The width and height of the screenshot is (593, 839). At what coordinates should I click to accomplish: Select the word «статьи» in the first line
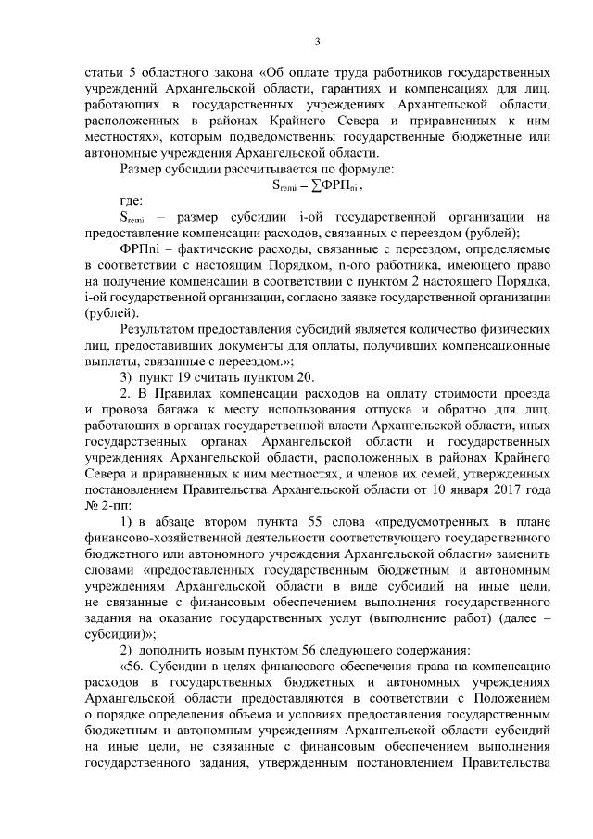click(x=104, y=70)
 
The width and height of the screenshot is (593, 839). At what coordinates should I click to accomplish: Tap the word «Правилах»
click(x=178, y=394)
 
